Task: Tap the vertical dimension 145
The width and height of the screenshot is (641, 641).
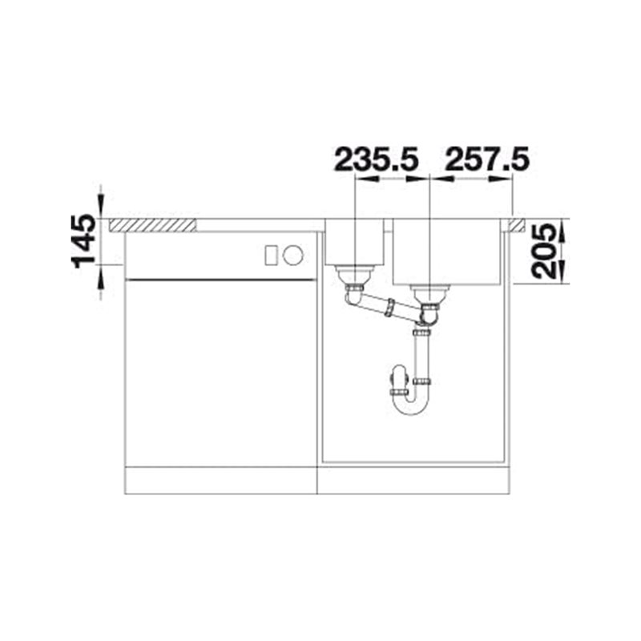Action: (x=84, y=241)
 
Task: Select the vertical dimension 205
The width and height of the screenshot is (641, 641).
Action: (x=545, y=252)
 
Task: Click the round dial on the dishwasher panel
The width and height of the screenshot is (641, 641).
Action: (x=293, y=256)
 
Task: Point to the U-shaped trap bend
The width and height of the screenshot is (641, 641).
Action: (x=410, y=403)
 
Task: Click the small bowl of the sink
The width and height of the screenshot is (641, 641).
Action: (x=354, y=242)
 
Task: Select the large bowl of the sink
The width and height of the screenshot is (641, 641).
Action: (x=447, y=252)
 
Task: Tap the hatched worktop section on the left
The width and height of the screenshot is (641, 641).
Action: (x=152, y=225)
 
